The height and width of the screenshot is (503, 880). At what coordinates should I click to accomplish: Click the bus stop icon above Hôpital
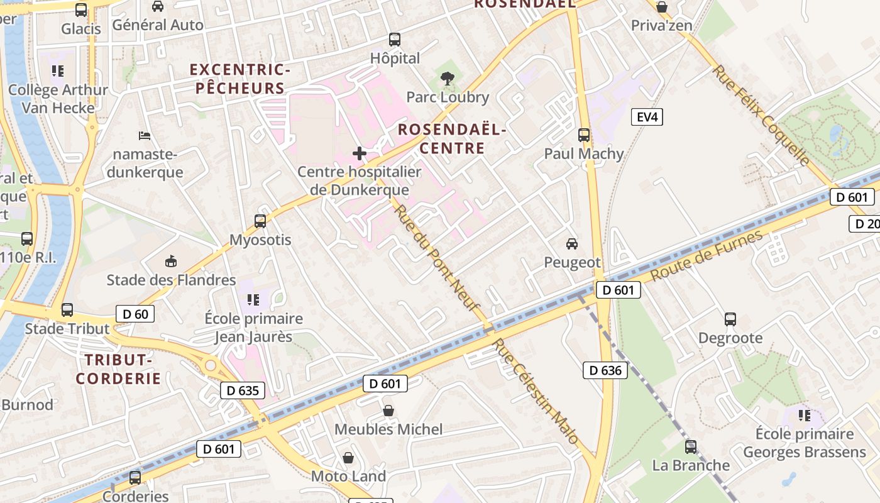pyautogui.click(x=395, y=40)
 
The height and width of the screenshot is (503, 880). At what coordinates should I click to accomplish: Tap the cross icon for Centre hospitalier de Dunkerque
pyautogui.click(x=360, y=153)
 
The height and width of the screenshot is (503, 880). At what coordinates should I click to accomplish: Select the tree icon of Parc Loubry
pyautogui.click(x=448, y=79)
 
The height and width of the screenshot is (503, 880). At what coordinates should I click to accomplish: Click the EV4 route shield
pyautogui.click(x=647, y=116)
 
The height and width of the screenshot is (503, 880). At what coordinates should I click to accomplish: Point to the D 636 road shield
pyautogui.click(x=606, y=370)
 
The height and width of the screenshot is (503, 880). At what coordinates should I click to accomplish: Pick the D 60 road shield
pyautogui.click(x=135, y=314)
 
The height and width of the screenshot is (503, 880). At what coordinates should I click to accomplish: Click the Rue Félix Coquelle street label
pyautogui.click(x=761, y=115)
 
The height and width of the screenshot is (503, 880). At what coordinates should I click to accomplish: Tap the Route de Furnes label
pyautogui.click(x=707, y=256)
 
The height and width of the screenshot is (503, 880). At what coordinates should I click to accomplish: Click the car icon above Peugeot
pyautogui.click(x=572, y=244)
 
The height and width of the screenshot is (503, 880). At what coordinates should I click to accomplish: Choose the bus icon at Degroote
pyautogui.click(x=730, y=319)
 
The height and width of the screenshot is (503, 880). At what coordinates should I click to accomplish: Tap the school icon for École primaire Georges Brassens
pyautogui.click(x=804, y=415)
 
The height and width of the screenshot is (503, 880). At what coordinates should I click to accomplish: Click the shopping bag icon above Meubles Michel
pyautogui.click(x=389, y=411)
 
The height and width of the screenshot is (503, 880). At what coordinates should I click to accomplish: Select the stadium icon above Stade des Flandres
pyautogui.click(x=171, y=261)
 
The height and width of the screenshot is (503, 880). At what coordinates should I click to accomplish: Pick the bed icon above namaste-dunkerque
pyautogui.click(x=145, y=136)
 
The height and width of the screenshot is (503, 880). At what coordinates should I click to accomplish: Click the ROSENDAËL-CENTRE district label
pyautogui.click(x=452, y=139)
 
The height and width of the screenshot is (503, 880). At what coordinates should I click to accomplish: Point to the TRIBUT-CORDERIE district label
pyautogui.click(x=119, y=369)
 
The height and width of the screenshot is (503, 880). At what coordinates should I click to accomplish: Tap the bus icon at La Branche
pyautogui.click(x=691, y=447)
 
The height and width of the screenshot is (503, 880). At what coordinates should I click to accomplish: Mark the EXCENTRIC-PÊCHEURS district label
pyautogui.click(x=240, y=79)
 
